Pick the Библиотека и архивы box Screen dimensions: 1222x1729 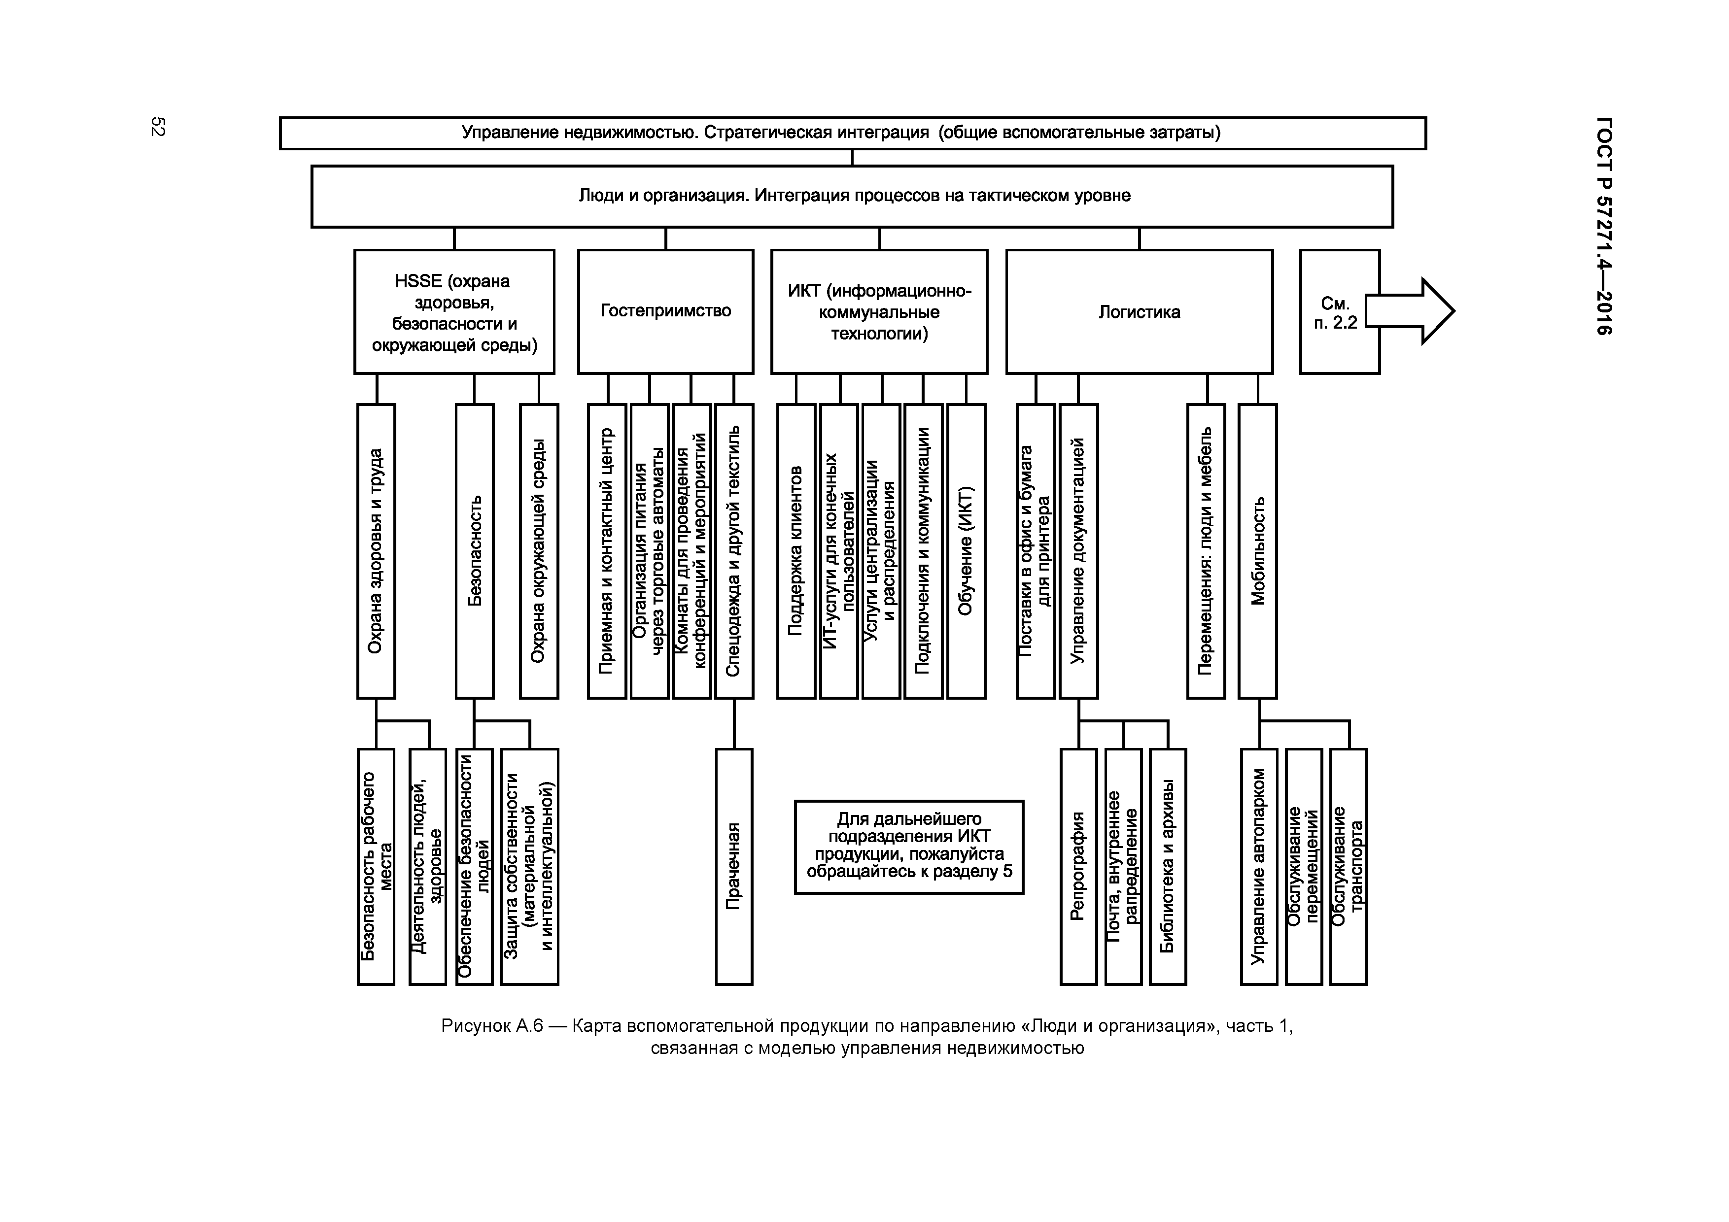1167,866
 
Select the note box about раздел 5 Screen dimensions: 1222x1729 909,847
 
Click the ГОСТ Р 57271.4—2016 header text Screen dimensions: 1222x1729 1603,226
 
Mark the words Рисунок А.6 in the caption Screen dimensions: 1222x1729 492,1025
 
